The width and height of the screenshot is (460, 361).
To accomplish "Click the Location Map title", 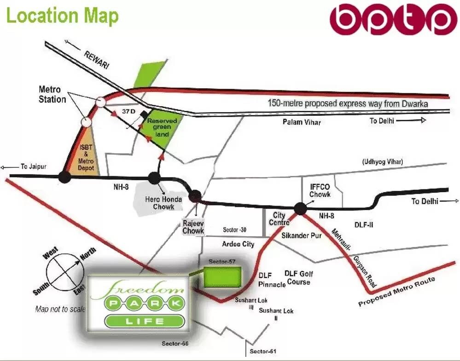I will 62,16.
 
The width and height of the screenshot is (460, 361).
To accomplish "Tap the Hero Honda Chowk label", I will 163,203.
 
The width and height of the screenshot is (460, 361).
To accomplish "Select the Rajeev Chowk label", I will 193,227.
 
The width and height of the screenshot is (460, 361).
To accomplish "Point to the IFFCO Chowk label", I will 320,190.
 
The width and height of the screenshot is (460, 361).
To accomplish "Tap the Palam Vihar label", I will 302,122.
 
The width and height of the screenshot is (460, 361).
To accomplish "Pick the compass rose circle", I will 65,272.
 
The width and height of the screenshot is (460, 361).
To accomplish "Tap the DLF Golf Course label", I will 299,277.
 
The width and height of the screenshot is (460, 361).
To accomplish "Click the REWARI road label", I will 96,60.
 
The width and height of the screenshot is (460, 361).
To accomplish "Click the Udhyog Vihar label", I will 382,161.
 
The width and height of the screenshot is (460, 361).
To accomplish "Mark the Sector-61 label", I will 263,352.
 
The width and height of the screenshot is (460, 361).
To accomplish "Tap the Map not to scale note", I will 60,309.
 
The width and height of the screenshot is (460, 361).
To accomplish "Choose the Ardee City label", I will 238,244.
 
